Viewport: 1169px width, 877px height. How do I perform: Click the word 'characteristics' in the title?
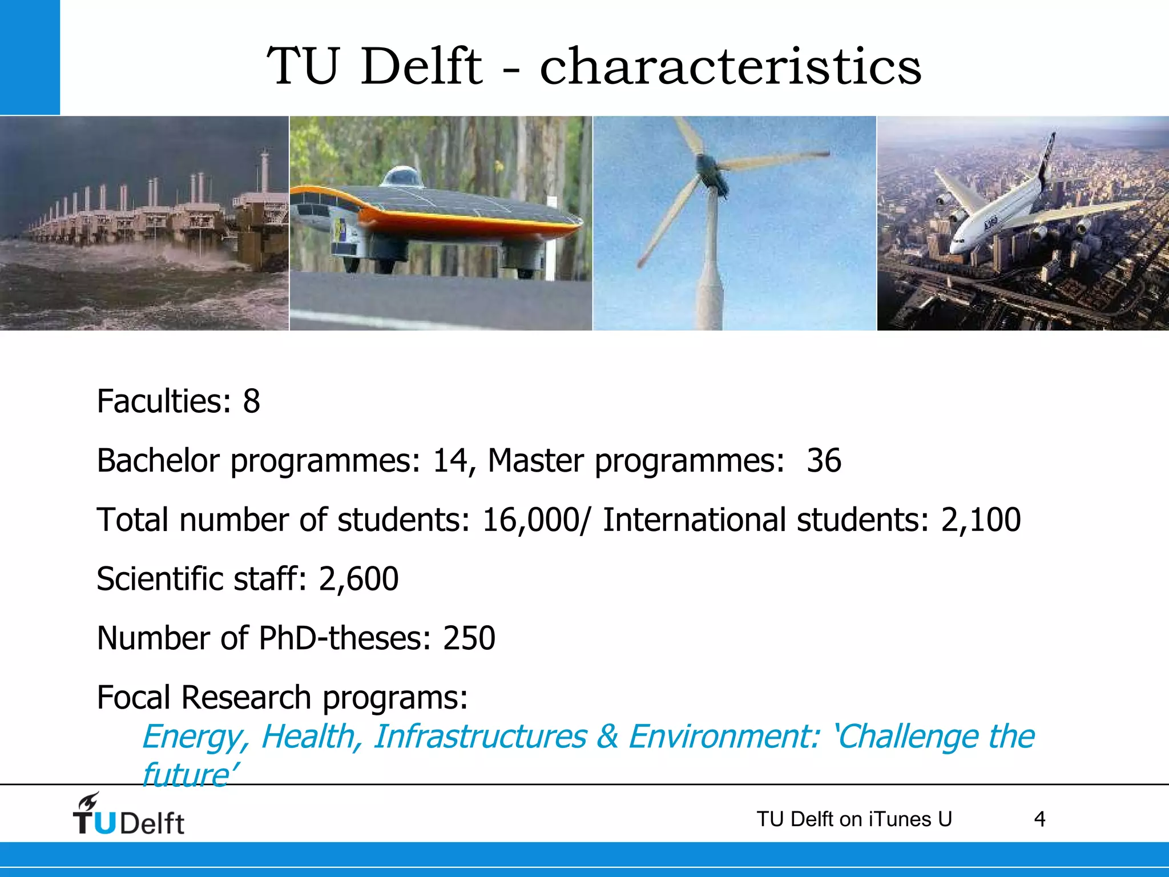coord(730,67)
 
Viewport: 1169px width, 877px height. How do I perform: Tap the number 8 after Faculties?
coord(251,401)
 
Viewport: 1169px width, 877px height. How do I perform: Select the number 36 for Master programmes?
coord(824,461)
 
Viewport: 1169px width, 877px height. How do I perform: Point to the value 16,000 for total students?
coord(530,520)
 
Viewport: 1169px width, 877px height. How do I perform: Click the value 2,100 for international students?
coord(981,520)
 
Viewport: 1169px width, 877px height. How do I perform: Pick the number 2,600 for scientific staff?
coord(358,579)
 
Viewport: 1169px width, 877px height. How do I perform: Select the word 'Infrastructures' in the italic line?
coord(479,737)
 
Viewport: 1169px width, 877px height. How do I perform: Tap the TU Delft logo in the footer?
coord(128,815)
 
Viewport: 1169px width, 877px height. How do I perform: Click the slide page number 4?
coord(1039,819)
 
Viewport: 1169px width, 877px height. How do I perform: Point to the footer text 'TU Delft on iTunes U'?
coord(854,819)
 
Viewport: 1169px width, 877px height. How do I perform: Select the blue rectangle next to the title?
coord(30,57)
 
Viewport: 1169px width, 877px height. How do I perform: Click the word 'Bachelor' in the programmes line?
coord(158,461)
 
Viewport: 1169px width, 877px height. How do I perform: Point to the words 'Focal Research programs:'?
coord(283,698)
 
